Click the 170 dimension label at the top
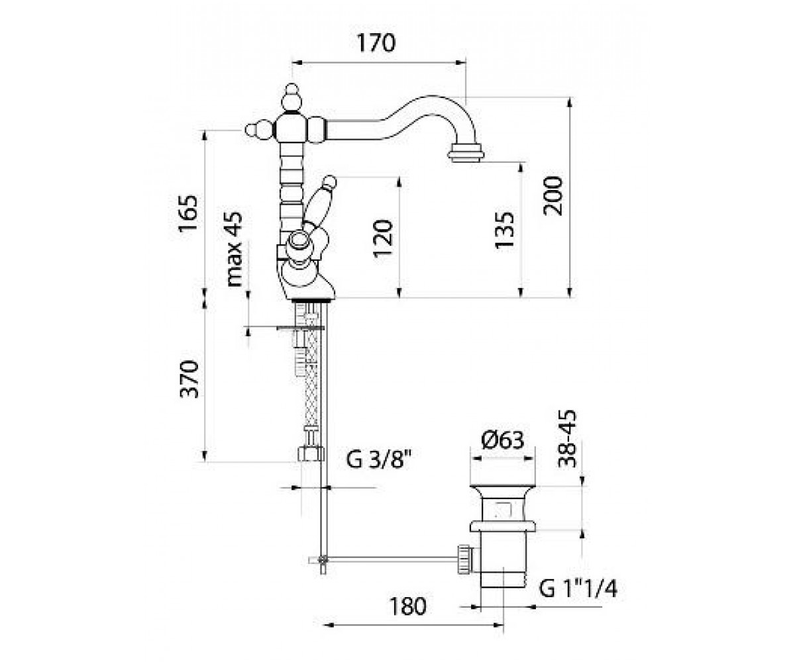(x=376, y=42)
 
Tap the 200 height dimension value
(x=553, y=195)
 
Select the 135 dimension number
(x=504, y=230)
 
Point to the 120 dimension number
(x=383, y=238)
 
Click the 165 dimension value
(x=188, y=213)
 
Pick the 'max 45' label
(x=233, y=249)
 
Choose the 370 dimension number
(x=189, y=379)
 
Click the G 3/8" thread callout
(x=379, y=459)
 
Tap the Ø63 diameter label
(x=503, y=440)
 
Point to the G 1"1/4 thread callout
(x=578, y=589)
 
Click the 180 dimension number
(x=407, y=606)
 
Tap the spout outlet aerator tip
(x=465, y=154)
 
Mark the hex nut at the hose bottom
(x=310, y=453)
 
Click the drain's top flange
(x=503, y=491)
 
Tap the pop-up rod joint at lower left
(x=323, y=559)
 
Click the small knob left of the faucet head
(x=259, y=130)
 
